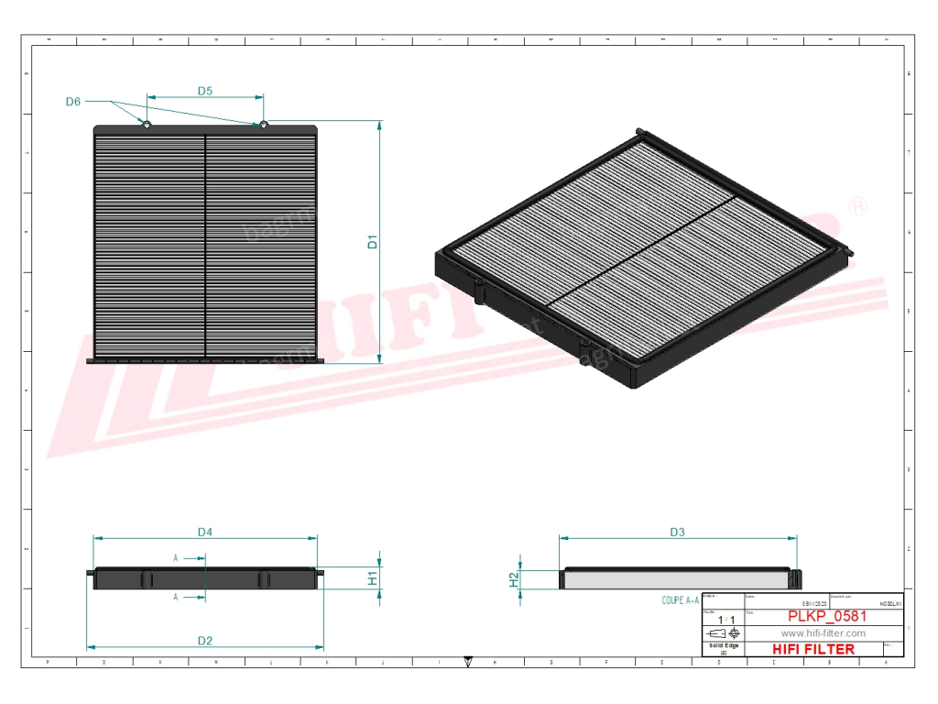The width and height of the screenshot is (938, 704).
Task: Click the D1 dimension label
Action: point(373,242)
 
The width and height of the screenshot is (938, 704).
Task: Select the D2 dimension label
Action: point(204,640)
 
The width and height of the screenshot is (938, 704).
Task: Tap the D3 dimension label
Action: point(677,532)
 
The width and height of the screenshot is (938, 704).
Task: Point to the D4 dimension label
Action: point(205,532)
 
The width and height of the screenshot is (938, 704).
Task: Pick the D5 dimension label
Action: point(205,91)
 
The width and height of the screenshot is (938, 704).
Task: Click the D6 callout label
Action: point(73,101)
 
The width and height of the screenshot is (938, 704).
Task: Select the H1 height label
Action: point(373,578)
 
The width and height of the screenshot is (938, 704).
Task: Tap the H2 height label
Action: point(515,579)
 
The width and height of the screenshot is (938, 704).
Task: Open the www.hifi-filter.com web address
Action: point(823,633)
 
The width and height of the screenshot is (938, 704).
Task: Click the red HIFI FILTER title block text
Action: point(813,649)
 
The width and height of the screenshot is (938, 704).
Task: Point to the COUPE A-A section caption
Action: point(680,600)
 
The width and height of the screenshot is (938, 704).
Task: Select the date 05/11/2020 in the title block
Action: point(813,604)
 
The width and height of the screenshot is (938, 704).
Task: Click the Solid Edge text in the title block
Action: point(724,645)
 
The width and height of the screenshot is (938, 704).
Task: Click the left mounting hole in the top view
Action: point(146,125)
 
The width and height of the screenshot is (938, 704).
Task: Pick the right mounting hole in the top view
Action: point(263,125)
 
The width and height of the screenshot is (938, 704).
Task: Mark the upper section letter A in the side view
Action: point(176,556)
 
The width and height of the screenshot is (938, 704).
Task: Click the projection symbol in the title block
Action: point(724,633)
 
